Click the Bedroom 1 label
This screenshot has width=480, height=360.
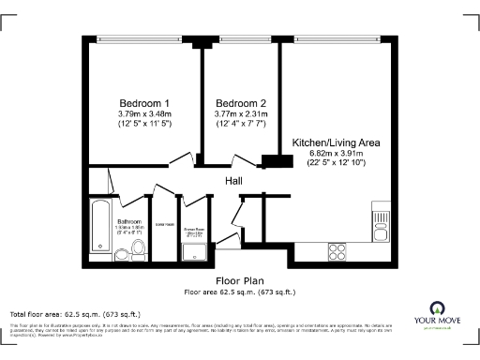[144, 103]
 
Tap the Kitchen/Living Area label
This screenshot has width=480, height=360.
[336, 142]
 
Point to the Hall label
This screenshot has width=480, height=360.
[235, 179]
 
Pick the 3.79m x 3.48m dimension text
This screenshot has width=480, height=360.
[144, 114]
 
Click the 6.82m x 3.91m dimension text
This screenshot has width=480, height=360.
[336, 153]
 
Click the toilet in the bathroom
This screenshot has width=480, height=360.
[138, 247]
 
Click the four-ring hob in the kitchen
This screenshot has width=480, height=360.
[338, 250]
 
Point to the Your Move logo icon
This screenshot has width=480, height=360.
[436, 307]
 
